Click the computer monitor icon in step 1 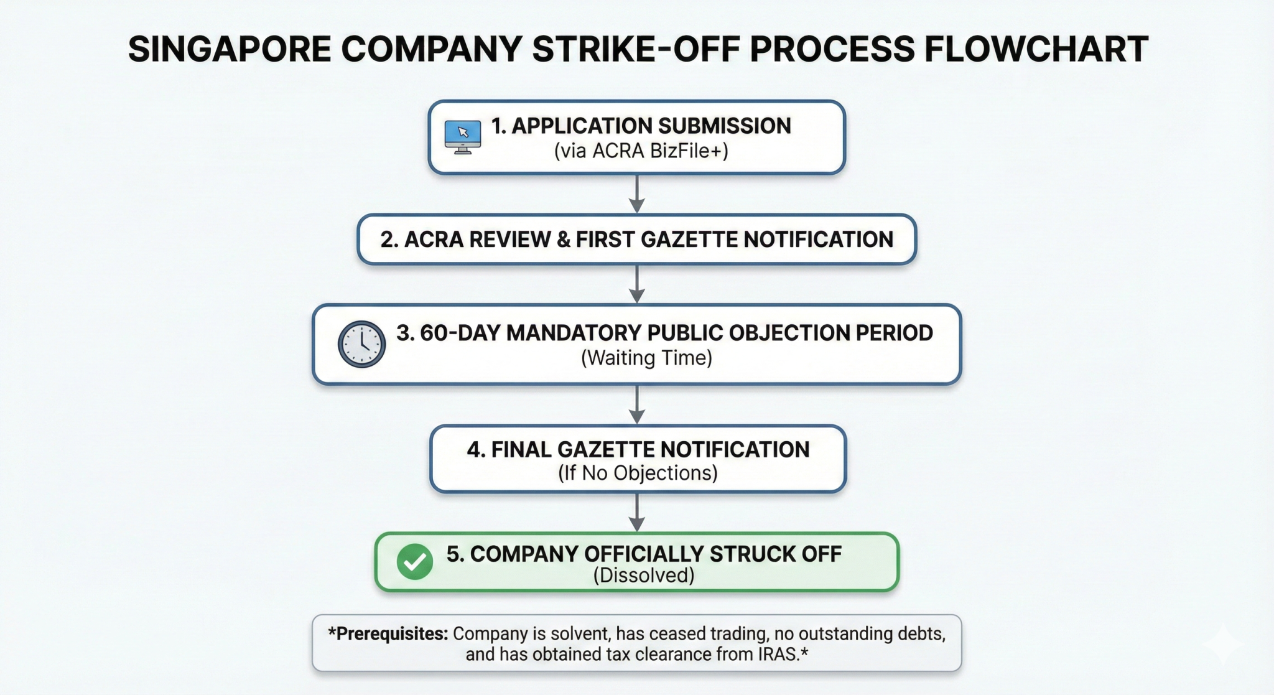pyautogui.click(x=462, y=136)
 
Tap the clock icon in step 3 pyautogui.click(x=361, y=344)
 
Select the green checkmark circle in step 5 pyautogui.click(x=415, y=562)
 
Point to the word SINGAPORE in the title pyautogui.click(x=229, y=50)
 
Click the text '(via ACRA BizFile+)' pyautogui.click(x=641, y=151)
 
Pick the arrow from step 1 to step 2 pyautogui.click(x=636, y=195)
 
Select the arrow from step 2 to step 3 pyautogui.click(x=636, y=285)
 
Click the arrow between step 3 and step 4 pyautogui.click(x=636, y=405)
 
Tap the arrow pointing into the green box pyautogui.click(x=636, y=513)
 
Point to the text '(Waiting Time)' pyautogui.click(x=646, y=358)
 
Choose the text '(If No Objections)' pyautogui.click(x=638, y=473)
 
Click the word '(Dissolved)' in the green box pyautogui.click(x=643, y=576)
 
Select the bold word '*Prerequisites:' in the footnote pyautogui.click(x=388, y=634)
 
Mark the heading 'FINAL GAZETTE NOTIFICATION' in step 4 pyautogui.click(x=638, y=450)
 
